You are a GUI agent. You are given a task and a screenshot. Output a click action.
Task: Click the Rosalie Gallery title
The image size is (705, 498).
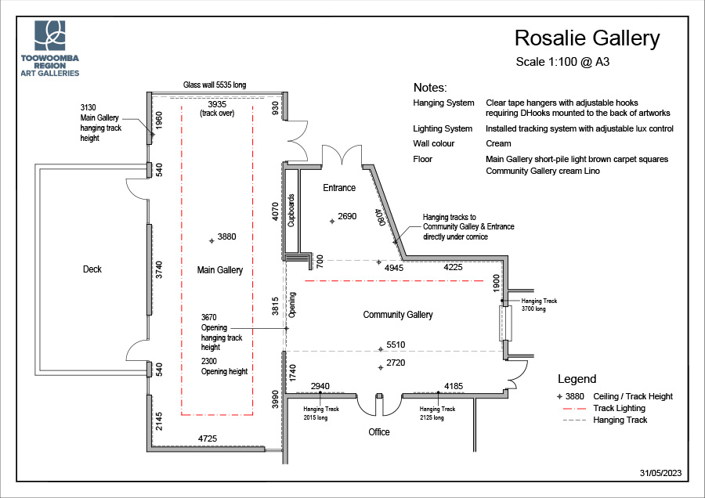point(587,38)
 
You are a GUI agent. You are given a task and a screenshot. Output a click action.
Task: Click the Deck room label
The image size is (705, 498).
point(92,269)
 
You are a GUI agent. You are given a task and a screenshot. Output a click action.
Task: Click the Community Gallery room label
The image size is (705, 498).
point(398,315)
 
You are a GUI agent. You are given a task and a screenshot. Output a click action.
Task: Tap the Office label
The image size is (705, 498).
point(379,432)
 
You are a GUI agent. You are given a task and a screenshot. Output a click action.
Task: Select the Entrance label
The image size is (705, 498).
point(339,188)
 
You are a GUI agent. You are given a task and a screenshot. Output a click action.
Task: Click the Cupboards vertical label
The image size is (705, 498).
point(291,210)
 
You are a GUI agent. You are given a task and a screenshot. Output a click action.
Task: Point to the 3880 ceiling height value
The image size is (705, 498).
point(226,236)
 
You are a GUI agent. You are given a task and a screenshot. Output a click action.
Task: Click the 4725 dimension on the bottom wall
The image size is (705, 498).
point(208,439)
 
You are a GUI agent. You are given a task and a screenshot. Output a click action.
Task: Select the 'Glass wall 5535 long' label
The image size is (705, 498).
point(214,85)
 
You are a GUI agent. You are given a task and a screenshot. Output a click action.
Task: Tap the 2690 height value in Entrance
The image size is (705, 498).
point(347,216)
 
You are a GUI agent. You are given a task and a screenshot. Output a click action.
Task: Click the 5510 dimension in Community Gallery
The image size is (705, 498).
point(395,345)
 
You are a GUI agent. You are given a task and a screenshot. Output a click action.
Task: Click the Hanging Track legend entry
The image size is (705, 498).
point(620,420)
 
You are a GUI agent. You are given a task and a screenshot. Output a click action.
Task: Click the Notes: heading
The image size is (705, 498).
point(430,88)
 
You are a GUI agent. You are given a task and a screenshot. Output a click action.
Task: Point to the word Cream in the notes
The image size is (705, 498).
point(498,143)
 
